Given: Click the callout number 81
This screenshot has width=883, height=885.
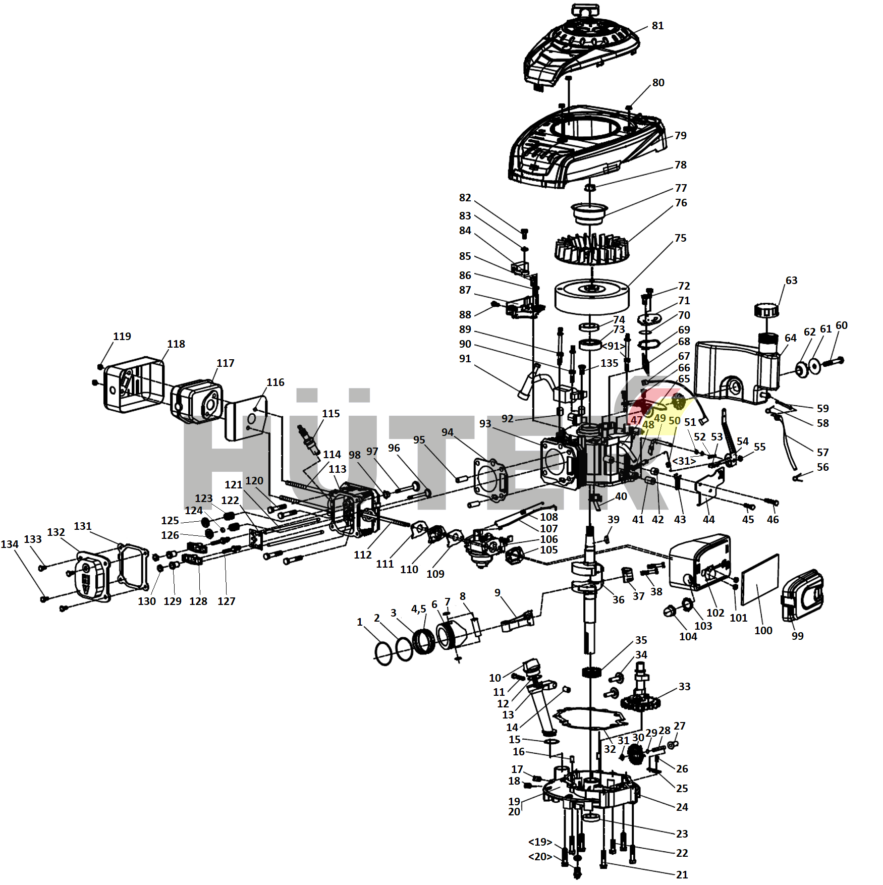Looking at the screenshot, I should point(657,26).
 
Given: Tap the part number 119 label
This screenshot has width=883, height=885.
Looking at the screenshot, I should point(122,337).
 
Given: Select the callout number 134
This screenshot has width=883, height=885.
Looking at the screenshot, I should point(10,544).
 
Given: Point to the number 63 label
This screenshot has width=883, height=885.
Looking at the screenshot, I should point(791,281).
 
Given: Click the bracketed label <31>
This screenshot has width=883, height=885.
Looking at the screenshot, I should point(684,461).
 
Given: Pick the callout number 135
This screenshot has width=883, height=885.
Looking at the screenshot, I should point(609,363).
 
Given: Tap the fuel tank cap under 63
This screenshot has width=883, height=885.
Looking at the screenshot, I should point(766,310).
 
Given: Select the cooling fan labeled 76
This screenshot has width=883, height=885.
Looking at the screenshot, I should point(591,249).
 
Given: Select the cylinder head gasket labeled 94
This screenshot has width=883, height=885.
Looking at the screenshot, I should point(489,479).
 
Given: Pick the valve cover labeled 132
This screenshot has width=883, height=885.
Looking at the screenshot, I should point(93,576).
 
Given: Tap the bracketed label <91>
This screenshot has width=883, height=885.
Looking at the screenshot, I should point(613,346).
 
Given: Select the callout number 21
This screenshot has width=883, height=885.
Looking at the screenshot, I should point(682,875).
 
